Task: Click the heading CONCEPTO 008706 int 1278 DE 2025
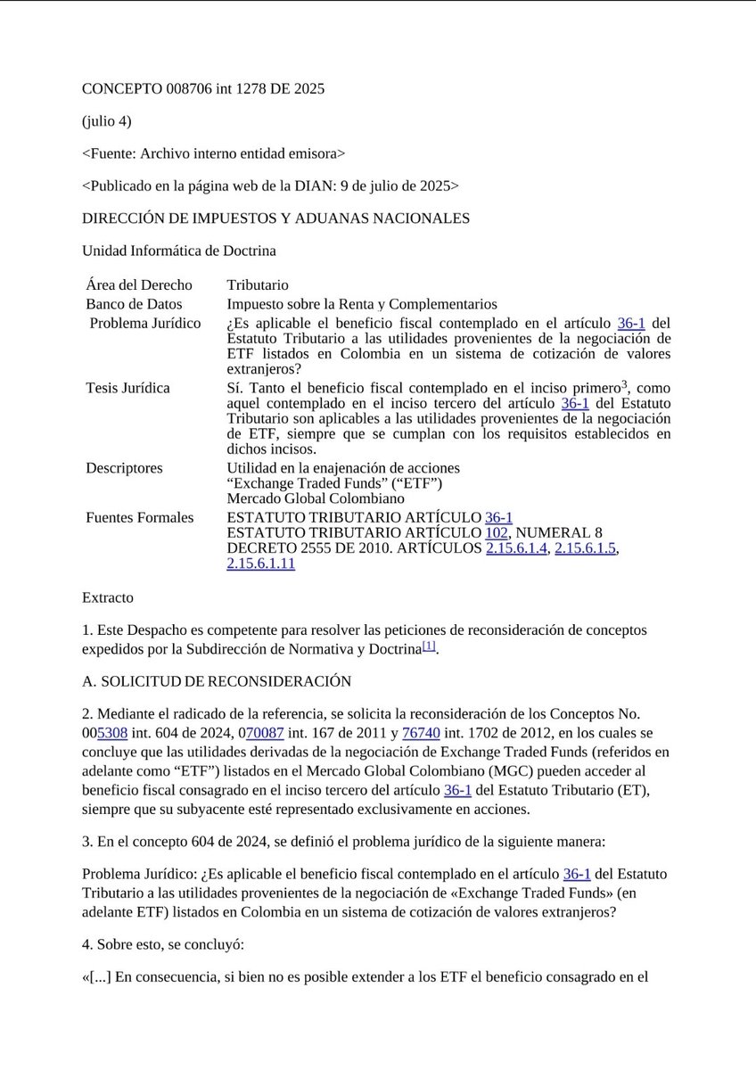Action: pyautogui.click(x=202, y=88)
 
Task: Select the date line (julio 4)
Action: pyautogui.click(x=106, y=121)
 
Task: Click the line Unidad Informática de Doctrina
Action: pyautogui.click(x=178, y=251)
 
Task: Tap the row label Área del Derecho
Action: pyautogui.click(x=138, y=285)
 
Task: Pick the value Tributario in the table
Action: pyautogui.click(x=258, y=285)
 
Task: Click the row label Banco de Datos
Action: pyautogui.click(x=134, y=304)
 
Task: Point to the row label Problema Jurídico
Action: pyautogui.click(x=144, y=323)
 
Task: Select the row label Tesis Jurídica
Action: pyautogui.click(x=127, y=388)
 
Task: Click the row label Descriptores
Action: pyautogui.click(x=124, y=468)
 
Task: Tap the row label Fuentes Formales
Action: pyautogui.click(x=139, y=517)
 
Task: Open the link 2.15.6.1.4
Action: pyautogui.click(x=516, y=548)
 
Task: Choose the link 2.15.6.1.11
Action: pyautogui.click(x=260, y=564)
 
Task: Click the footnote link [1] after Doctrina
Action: pyautogui.click(x=429, y=646)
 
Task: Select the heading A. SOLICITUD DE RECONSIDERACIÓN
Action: pyautogui.click(x=217, y=681)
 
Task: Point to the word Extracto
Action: pyautogui.click(x=107, y=597)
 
